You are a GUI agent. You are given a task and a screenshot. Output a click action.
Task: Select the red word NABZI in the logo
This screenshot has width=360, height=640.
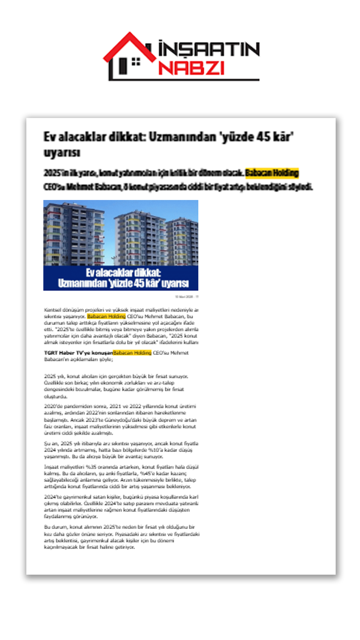coord(191,68)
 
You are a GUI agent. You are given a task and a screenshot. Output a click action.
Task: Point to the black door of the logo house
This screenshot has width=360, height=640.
coord(123,66)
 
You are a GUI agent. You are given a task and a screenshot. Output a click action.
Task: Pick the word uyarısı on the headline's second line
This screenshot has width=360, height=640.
coord(62,153)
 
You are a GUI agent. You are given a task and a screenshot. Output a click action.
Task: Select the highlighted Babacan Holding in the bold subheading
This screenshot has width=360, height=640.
coord(272,173)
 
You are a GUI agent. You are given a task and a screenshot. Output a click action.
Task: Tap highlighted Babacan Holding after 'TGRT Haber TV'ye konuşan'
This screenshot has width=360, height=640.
coord(132,353)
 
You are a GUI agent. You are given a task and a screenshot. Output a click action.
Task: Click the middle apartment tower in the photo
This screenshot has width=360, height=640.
coord(140,238)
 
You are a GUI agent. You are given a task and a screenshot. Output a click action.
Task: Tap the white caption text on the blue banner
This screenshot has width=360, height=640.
coord(123,278)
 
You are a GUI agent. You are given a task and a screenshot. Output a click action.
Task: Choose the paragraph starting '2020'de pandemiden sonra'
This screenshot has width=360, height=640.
coord(120,419)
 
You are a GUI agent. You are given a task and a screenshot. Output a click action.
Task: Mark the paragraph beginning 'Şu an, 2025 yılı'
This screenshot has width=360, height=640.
coord(121,450)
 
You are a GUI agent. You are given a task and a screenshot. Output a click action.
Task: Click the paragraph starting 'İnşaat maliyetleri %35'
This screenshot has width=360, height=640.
coord(121,476)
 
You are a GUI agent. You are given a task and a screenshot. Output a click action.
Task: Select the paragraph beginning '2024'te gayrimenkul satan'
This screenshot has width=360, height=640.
coord(121,506)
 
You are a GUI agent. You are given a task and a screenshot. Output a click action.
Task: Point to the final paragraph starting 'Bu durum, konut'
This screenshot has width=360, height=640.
coord(121,537)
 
